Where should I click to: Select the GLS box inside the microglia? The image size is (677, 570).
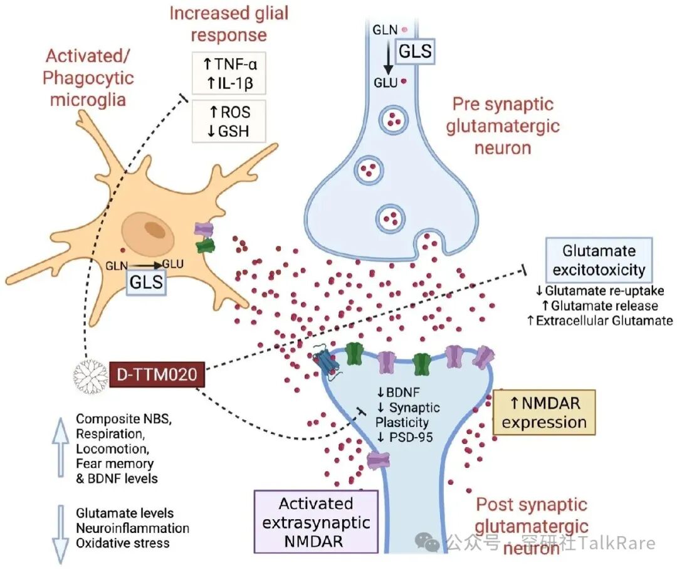pyautogui.click(x=146, y=282)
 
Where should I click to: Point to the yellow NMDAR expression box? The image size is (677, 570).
pyautogui.click(x=544, y=413)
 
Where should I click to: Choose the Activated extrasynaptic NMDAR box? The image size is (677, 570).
pyautogui.click(x=316, y=522)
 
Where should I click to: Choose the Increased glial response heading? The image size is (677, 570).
pyautogui.click(x=229, y=23)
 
